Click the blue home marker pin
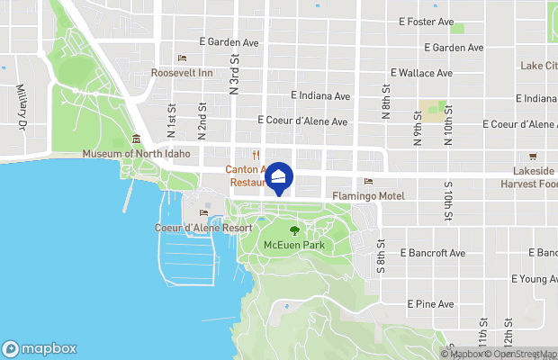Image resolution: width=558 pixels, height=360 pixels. coord(279,180)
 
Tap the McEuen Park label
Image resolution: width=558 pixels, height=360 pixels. coord(293,245)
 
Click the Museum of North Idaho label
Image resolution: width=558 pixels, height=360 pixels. coord(136,154)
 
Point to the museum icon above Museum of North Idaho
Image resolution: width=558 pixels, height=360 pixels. coord(136,139)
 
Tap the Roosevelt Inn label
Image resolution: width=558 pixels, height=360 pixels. coord(182,73)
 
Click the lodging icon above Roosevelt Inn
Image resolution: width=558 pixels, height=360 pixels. coord(182,58)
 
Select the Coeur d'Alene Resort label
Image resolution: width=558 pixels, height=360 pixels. coord(202,229)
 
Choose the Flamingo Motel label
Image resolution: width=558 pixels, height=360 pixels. coord(368,196)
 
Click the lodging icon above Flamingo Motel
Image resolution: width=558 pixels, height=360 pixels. coord(368,182)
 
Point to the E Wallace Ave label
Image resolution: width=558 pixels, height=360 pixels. coord(420,73)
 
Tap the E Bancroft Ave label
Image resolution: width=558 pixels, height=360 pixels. coord(433,253)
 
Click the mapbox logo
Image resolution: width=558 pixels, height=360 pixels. coord(40,348)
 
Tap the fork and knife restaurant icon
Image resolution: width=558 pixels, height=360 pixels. coord(256,154)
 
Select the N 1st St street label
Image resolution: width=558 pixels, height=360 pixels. coord(171,120)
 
